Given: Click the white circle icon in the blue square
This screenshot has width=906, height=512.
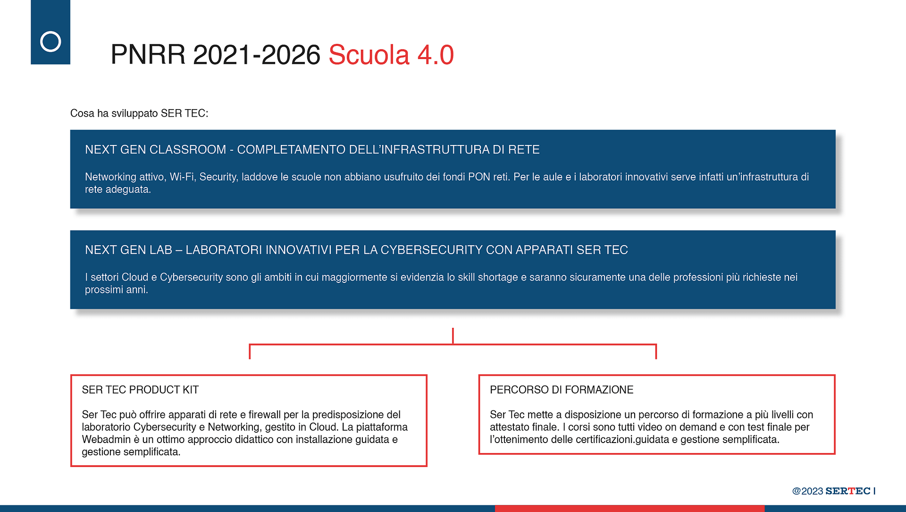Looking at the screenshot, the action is [50, 42].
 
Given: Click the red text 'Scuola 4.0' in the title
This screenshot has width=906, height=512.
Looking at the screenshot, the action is [391, 55].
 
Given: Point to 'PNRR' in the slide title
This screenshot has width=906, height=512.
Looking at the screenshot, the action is [148, 55].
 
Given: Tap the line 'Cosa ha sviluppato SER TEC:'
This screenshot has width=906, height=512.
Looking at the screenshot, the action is [139, 113].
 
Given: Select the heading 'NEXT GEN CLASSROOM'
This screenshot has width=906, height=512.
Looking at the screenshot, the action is [156, 150].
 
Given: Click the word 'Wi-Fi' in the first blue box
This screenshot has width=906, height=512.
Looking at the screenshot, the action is [182, 177].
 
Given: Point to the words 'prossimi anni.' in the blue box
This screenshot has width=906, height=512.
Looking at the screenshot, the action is [117, 290].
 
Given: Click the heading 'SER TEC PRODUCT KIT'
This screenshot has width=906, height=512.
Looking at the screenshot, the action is [140, 390].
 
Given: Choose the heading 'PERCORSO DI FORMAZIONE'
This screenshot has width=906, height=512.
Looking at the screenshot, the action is [562, 390].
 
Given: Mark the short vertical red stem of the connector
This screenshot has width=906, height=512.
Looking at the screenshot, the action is [453, 336].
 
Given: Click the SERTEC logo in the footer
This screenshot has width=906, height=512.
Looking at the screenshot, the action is [848, 491].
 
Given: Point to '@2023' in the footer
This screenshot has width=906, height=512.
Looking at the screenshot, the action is [807, 491].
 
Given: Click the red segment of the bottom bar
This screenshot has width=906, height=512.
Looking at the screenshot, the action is [629, 509].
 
